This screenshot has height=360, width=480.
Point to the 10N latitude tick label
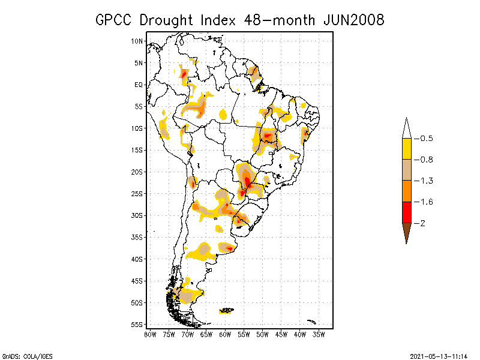point(137,41)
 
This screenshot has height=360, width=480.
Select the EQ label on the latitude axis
point(139,85)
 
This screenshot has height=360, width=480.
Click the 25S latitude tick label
point(137,193)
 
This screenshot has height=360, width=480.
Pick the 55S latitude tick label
point(137,324)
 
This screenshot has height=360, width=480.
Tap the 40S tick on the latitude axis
point(137,259)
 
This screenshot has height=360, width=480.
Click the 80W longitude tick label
point(150,334)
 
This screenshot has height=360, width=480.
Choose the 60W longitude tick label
point(225,334)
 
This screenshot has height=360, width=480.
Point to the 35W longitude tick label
point(319,334)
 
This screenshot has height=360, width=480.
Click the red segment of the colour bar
point(406,212)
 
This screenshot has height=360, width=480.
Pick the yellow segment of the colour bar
point(406,148)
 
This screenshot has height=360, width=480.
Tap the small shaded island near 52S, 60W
point(227,310)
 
